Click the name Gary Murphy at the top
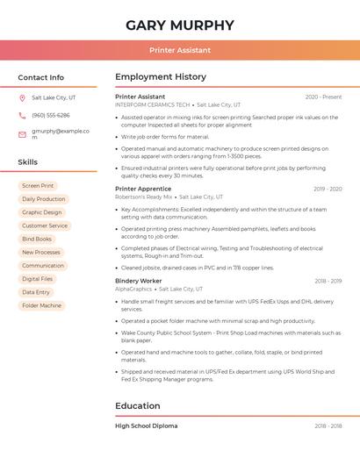[x=180, y=25]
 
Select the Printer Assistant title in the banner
[x=180, y=50]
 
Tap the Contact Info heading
[x=40, y=77]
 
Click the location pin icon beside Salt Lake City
[x=22, y=97]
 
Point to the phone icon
[x=22, y=115]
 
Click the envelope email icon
[x=22, y=133]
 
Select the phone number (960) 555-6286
[x=51, y=115]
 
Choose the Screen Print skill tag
[x=38, y=186]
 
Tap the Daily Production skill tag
[x=43, y=199]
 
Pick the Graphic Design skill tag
[x=42, y=212]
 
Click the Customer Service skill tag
[x=45, y=225]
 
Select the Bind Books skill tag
[x=37, y=239]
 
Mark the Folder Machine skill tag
[x=42, y=305]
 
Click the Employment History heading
[x=161, y=77]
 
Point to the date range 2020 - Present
[x=323, y=97]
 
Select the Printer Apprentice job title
[x=143, y=189]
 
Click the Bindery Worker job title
[x=139, y=281]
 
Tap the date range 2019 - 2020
[x=328, y=189]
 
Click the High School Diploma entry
[x=146, y=426]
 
